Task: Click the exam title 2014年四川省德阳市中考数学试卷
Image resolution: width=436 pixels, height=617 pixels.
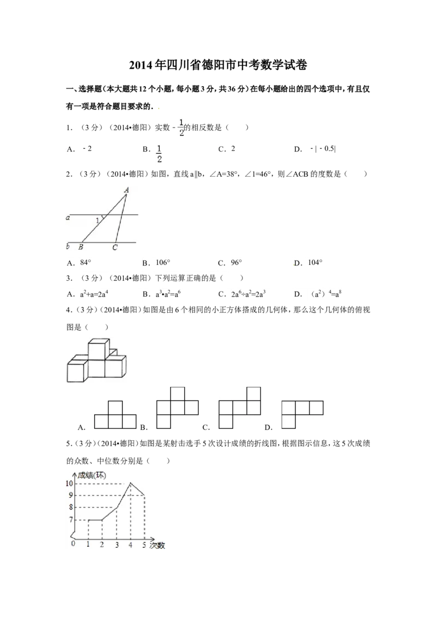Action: click(218, 65)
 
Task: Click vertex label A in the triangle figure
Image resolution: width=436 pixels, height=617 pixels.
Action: click(126, 190)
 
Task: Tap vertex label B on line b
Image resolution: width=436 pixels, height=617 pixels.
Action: click(81, 247)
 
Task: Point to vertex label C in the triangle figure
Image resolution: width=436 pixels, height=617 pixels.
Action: click(115, 247)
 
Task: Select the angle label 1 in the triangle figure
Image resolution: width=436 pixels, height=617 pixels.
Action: click(98, 221)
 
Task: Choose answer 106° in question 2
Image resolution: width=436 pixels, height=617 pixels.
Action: click(163, 263)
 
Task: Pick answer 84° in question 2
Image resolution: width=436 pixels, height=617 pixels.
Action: click(86, 263)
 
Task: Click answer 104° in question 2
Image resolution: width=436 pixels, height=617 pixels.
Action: click(315, 263)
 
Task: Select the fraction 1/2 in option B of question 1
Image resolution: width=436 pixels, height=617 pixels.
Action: click(159, 154)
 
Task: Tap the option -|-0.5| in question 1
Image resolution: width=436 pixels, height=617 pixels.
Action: click(323, 149)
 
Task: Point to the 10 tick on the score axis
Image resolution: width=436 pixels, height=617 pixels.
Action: click(69, 483)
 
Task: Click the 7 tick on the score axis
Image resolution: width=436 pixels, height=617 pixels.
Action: click(71, 520)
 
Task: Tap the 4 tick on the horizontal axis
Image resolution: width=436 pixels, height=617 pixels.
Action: click(130, 545)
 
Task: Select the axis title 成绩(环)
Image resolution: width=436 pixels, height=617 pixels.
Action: click(92, 475)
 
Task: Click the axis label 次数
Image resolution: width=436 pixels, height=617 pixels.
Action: click(158, 546)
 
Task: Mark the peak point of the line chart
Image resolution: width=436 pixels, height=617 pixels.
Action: click(130, 483)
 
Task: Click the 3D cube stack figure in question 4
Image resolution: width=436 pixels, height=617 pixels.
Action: click(97, 360)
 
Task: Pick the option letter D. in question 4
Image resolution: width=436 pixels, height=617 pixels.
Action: click(268, 427)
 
